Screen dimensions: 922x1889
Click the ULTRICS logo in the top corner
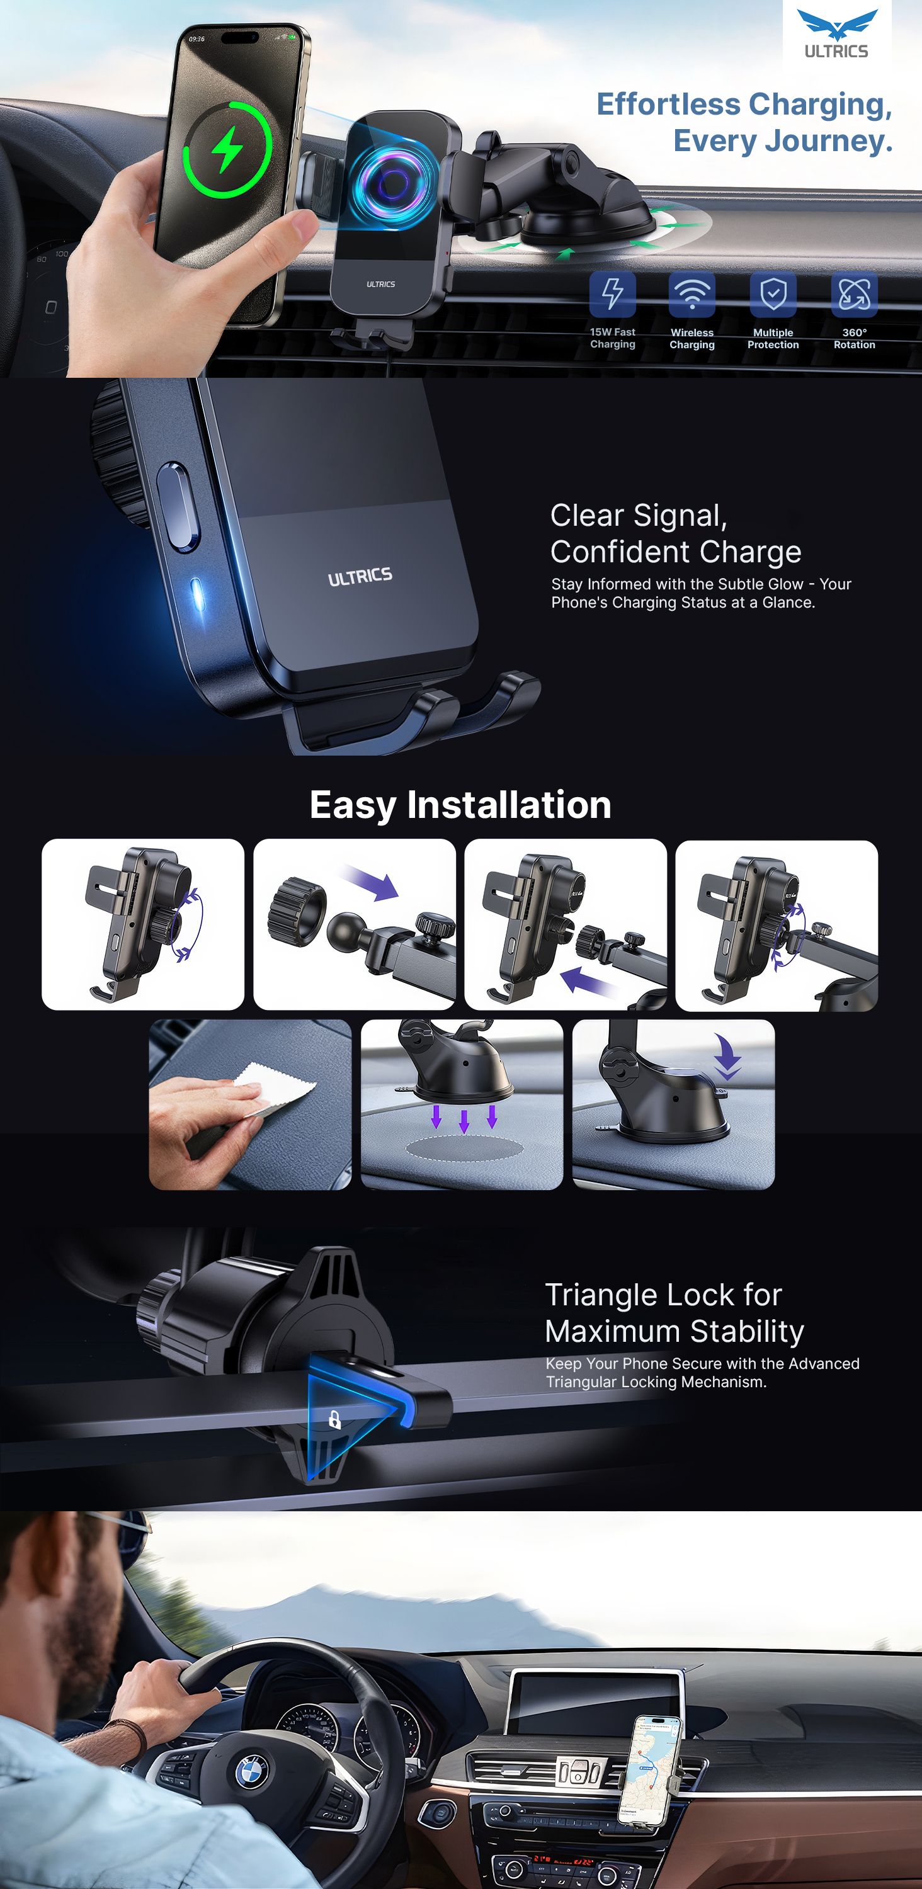click(x=837, y=34)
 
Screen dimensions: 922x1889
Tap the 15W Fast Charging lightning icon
click(x=613, y=294)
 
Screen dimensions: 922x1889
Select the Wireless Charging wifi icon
click(x=691, y=294)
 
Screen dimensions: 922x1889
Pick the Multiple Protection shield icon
click(x=773, y=294)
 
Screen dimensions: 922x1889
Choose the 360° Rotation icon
click(x=855, y=294)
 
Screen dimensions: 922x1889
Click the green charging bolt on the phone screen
click(x=227, y=149)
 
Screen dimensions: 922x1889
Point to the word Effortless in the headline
click(x=668, y=104)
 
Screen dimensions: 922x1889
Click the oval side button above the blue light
click(x=178, y=506)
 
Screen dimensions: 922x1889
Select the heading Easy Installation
click(x=460, y=805)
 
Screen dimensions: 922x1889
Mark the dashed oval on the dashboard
click(x=464, y=1149)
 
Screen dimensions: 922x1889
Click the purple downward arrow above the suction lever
click(x=727, y=1057)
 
